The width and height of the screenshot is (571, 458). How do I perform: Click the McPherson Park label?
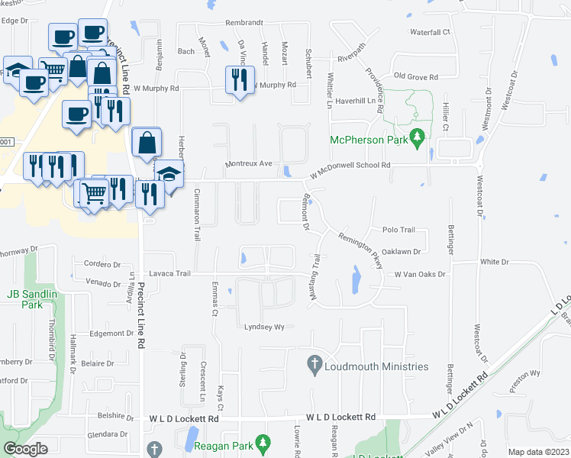coord(365,140)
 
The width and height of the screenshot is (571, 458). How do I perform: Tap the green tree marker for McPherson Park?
coord(417,139)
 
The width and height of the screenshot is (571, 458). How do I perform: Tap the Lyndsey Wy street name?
coord(263,327)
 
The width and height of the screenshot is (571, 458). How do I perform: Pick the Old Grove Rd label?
coord(415,77)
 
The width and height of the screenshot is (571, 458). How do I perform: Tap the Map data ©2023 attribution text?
coord(538,452)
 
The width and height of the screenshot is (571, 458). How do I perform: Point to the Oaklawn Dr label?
coord(401,251)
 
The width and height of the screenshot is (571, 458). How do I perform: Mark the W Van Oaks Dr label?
coord(419,273)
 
